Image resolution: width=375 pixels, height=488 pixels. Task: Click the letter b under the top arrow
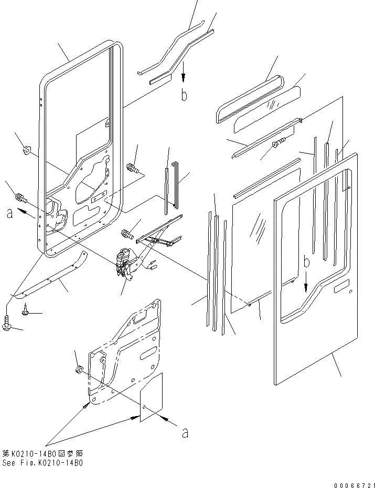pos(184,95)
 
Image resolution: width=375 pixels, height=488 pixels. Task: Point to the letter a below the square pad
pos(184,433)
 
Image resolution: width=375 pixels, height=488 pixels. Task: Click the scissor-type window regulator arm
pos(157,234)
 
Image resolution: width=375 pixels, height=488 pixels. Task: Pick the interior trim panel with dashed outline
pos(126,352)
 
